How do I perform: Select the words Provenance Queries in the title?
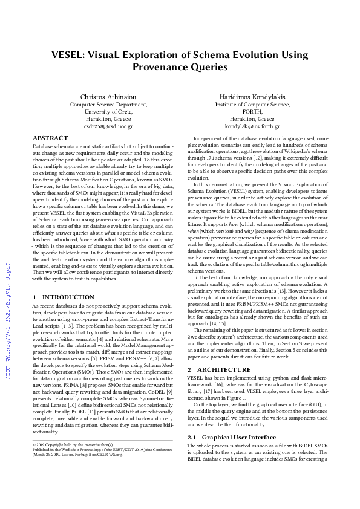point(180,67)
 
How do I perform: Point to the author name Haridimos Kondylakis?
point(252,97)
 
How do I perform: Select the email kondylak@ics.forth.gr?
point(252,127)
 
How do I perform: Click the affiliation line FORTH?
point(252,112)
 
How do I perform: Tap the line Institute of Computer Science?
point(252,105)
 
